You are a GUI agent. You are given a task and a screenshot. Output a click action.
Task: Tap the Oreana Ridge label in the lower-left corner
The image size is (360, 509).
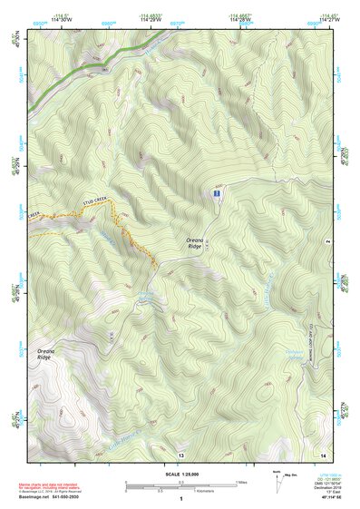44,355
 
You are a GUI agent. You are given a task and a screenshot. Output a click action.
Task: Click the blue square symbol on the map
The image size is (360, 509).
216,194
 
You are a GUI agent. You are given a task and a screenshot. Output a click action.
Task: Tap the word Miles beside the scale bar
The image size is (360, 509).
242,481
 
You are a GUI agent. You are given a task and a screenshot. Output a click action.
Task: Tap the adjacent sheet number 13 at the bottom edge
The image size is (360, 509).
180,453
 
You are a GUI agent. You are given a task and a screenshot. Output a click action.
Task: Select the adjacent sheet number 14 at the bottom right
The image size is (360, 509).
322,453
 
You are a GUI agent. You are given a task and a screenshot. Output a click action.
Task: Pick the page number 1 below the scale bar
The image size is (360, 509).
180,500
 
